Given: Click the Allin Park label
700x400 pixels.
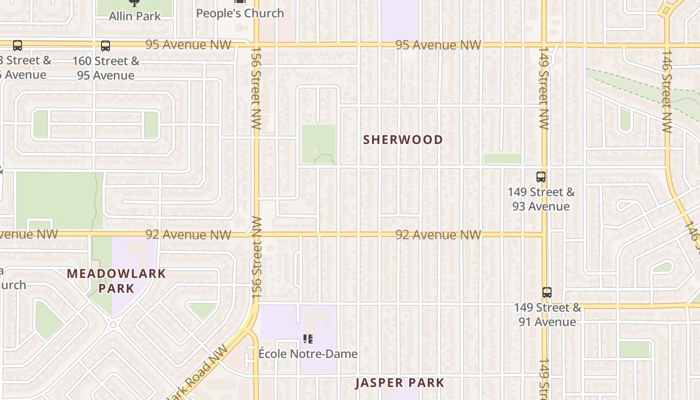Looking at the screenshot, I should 135,16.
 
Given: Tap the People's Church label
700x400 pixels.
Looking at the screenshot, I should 240,13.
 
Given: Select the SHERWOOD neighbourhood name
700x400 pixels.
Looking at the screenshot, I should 403,139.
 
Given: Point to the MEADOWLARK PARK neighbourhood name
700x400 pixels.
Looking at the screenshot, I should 116,281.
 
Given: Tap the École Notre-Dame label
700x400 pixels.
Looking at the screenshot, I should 308,354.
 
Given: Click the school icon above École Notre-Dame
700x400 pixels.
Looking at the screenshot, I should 308,339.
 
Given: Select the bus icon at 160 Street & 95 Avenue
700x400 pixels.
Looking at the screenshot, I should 105,46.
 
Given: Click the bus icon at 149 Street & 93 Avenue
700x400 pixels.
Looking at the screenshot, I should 541,176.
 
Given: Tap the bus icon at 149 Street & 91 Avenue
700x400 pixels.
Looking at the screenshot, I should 547,292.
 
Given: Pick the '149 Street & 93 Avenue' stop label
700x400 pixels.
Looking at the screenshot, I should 541,199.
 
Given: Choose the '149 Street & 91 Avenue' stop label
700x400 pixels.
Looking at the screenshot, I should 547,314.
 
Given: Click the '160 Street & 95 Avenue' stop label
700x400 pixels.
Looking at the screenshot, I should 106,68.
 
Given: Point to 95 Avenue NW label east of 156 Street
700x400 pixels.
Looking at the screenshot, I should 438,45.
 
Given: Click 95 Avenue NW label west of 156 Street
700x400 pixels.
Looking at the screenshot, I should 188,45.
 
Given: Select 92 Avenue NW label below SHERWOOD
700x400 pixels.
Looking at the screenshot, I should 438,234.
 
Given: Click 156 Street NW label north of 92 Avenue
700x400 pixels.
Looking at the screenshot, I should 256,88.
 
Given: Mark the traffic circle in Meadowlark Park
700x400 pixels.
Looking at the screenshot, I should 113,324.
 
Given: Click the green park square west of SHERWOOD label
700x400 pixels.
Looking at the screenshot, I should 318,144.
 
